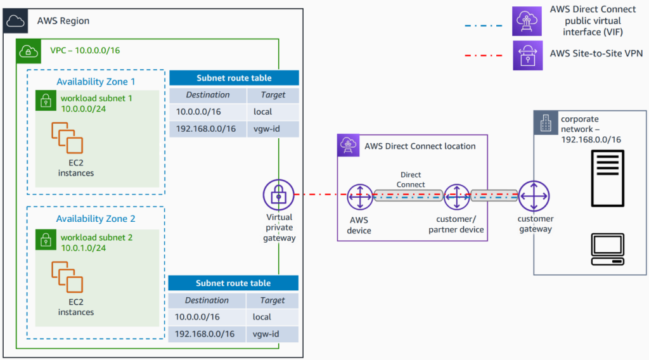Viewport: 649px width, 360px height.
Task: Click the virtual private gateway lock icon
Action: (x=279, y=195)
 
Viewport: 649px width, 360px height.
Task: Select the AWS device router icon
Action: (x=359, y=197)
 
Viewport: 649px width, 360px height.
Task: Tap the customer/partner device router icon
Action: (x=456, y=197)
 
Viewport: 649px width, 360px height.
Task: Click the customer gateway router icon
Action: (x=534, y=196)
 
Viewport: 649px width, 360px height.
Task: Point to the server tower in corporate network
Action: (x=607, y=178)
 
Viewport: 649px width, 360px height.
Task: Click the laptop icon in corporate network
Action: (x=607, y=250)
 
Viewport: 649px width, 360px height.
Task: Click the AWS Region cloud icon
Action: (x=15, y=20)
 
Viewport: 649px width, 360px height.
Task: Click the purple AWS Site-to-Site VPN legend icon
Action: (x=527, y=55)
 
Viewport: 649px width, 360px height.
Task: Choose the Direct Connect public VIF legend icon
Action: (x=527, y=21)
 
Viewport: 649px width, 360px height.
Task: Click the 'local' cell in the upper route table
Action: (x=262, y=112)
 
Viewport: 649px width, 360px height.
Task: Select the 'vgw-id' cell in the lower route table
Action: (x=262, y=334)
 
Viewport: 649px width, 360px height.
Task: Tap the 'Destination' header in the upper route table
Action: (x=207, y=94)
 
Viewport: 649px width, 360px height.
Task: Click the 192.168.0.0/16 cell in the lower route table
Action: (x=205, y=334)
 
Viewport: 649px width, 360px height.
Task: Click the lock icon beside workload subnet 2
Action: (x=45, y=238)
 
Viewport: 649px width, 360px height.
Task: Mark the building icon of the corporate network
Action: (x=545, y=124)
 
